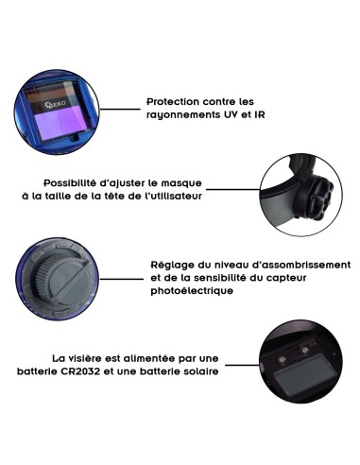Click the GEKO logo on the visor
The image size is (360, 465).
[x=56, y=104]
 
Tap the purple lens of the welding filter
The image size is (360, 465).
[x=60, y=125]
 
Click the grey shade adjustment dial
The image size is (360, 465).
[x=60, y=279]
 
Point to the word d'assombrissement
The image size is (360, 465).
[x=301, y=265]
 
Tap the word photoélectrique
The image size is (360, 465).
[x=192, y=291]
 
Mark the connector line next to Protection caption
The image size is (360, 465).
[x=120, y=110]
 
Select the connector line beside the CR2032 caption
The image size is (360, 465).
[x=242, y=366]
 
